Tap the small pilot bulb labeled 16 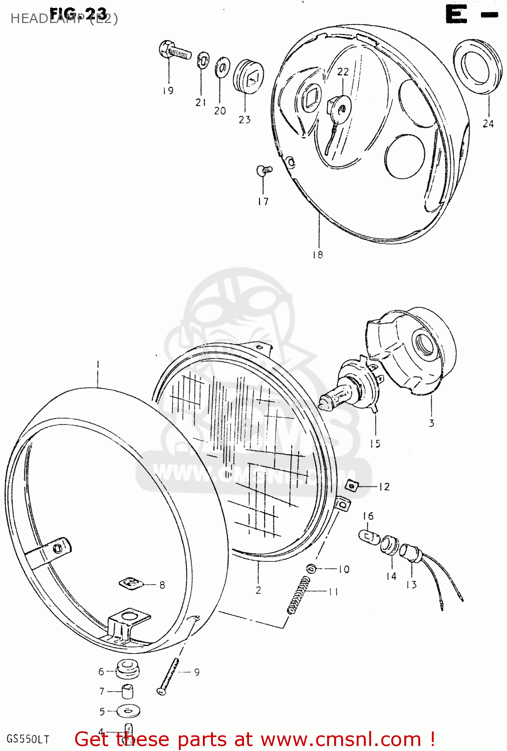coord(369,537)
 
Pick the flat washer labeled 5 coord(128,710)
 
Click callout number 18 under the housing coord(318,255)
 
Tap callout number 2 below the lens coord(258,590)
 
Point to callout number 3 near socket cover coord(431,424)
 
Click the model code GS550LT coord(28,739)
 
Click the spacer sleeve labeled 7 coord(128,691)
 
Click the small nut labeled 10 coord(311,568)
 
